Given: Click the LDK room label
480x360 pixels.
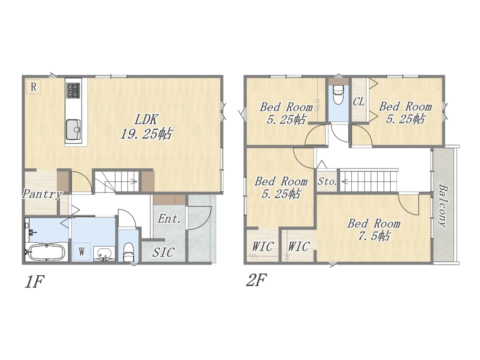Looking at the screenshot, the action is tap(146, 119).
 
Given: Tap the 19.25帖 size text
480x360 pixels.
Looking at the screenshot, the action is tap(146, 134).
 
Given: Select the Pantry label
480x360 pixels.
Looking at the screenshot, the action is tap(42, 194).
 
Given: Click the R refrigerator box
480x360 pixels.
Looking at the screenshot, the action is tap(34, 86).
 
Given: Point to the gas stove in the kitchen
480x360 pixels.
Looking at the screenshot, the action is tap(73, 90).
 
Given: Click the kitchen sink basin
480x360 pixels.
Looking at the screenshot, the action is tap(73, 129).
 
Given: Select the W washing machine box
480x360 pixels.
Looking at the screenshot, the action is tap(82, 252).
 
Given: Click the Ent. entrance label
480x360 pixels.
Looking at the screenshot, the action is tap(169, 219).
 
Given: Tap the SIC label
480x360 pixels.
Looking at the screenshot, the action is tap(163, 252).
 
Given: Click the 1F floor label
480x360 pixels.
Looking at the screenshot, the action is tap(34, 282).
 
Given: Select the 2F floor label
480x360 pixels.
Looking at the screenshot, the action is tap(257, 280).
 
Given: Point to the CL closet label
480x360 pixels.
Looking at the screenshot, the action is tap(359, 101).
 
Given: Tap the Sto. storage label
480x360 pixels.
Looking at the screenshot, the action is tap(327, 182).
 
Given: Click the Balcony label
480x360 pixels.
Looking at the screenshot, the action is tap(442, 205).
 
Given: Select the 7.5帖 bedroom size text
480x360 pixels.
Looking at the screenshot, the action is tap(374, 236).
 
